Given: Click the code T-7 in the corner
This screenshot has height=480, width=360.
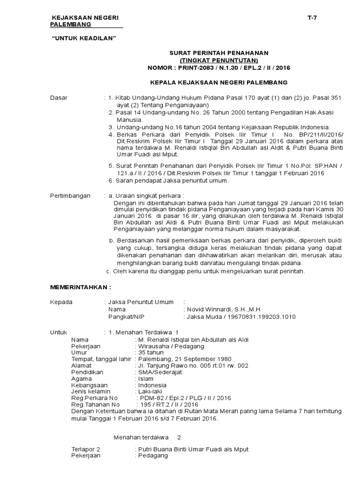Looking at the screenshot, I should [313, 17].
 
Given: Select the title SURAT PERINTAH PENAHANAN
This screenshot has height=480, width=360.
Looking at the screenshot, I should [219, 53].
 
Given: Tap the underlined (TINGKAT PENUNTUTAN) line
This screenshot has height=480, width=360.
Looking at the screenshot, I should [219, 60].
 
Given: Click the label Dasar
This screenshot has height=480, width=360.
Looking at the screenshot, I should [59, 97].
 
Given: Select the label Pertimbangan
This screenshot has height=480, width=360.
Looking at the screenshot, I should [70, 195].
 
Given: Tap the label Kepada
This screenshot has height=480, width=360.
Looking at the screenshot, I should [61, 302].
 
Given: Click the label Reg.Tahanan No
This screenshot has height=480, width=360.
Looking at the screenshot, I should [95, 405].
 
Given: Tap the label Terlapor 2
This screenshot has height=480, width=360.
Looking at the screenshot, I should [85, 449].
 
